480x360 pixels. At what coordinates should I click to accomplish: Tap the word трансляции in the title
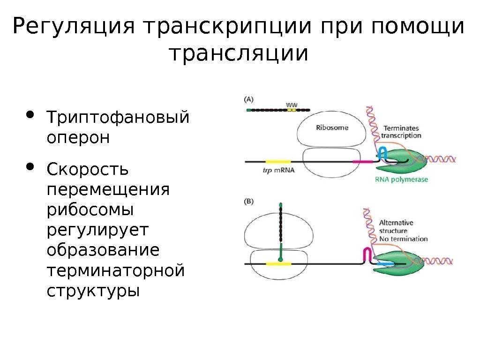point(240,53)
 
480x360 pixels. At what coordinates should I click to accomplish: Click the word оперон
point(78,138)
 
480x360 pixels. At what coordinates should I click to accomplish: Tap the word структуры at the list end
point(93,291)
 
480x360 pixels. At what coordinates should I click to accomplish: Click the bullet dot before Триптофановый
point(31,114)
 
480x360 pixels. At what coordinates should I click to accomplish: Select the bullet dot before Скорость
point(31,166)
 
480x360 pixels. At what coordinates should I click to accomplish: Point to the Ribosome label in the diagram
point(332,127)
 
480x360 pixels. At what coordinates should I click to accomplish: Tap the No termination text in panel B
point(403,239)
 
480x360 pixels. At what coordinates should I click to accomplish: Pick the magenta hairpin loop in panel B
point(368,254)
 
